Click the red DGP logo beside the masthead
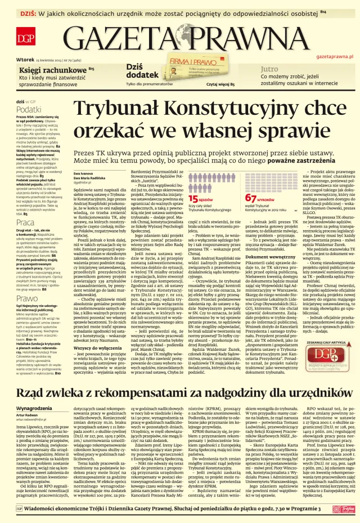pos(26,38)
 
